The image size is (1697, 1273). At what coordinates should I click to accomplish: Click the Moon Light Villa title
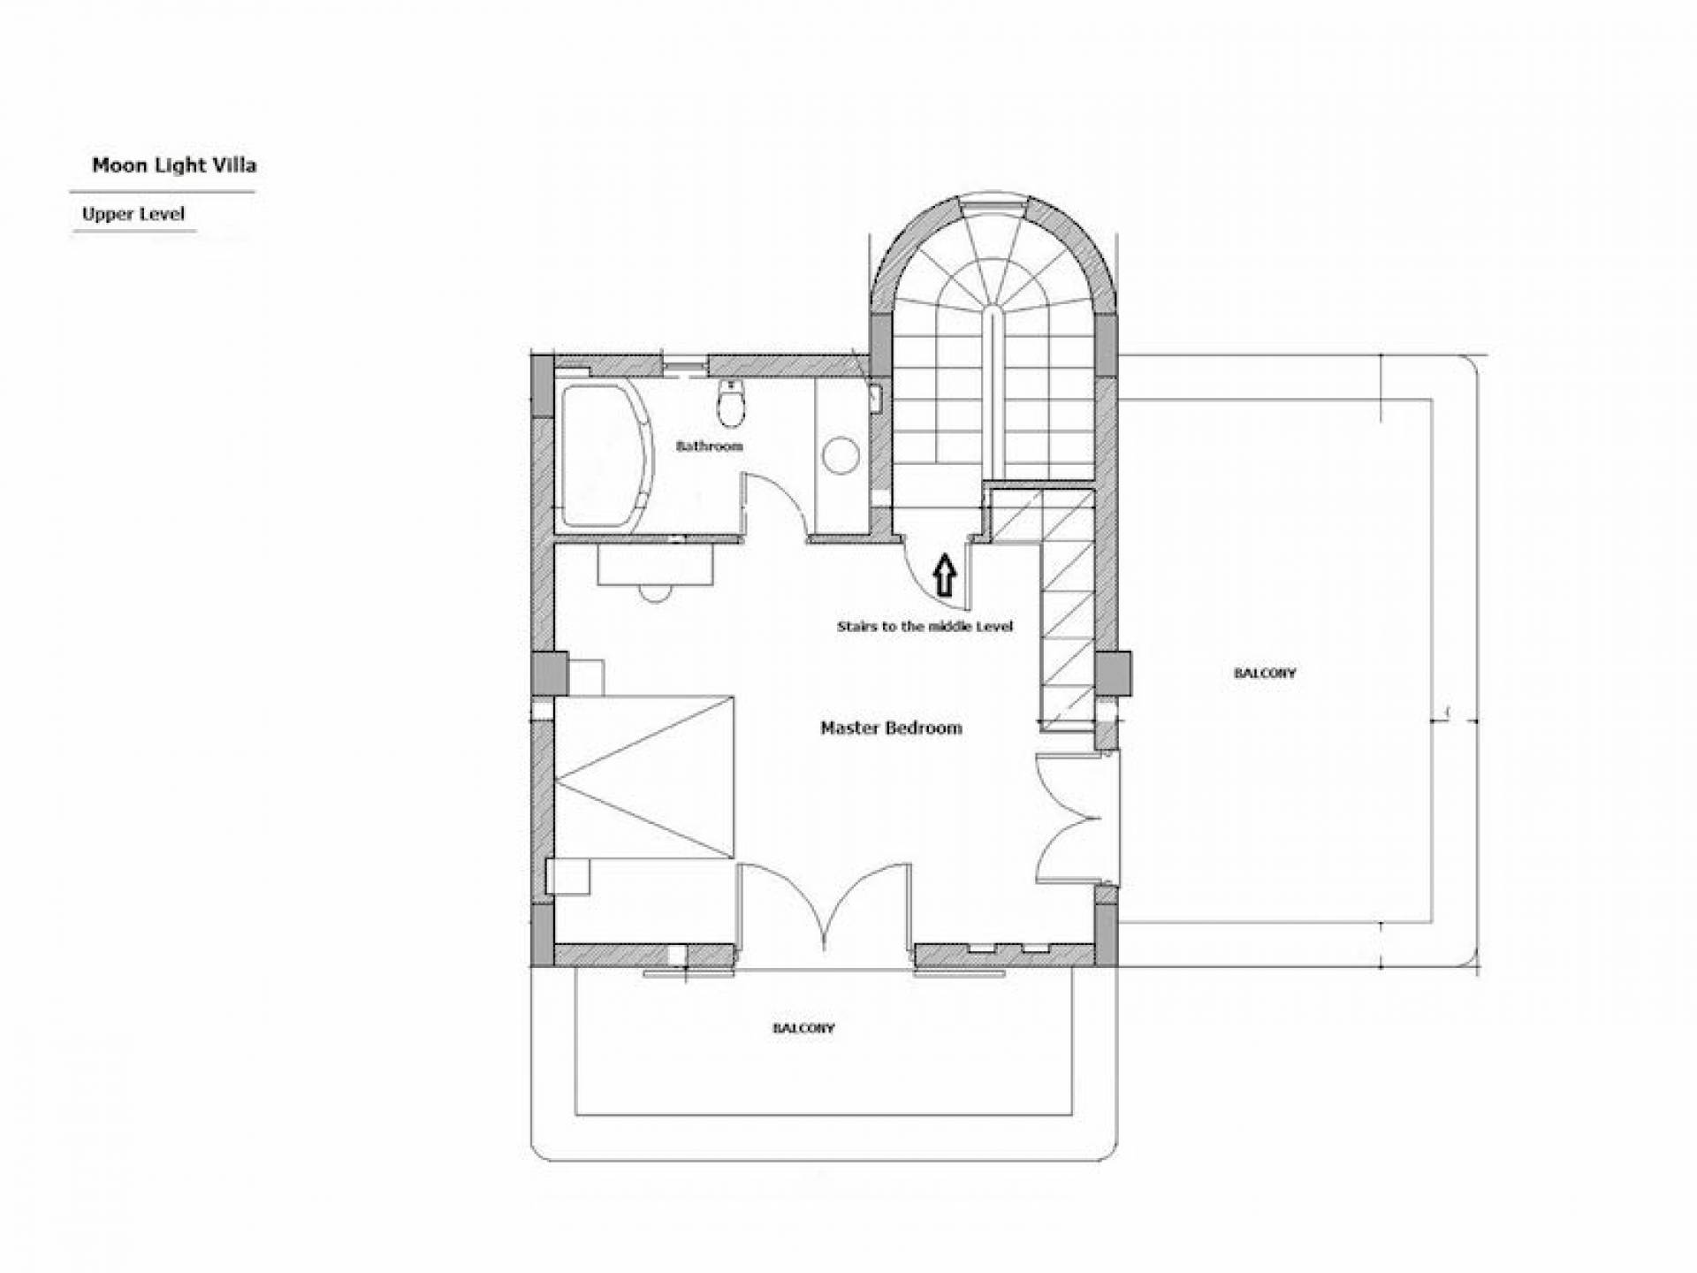[x=174, y=165]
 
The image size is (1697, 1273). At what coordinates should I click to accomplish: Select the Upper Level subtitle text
[x=133, y=214]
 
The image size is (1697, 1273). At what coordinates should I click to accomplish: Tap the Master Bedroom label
[x=891, y=728]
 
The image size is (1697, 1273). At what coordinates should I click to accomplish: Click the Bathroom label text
[x=709, y=446]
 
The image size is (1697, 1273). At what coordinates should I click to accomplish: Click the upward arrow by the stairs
[x=945, y=575]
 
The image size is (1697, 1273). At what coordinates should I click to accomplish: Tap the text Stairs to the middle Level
[x=925, y=627]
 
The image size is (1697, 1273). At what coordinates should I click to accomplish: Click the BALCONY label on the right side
[x=1265, y=674]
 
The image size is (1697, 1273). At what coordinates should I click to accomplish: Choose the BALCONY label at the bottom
[x=803, y=1029]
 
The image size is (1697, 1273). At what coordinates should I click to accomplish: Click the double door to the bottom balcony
[x=824, y=911]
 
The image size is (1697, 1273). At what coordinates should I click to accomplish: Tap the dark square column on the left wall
[x=550, y=673]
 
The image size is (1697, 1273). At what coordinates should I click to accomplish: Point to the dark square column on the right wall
[x=1114, y=673]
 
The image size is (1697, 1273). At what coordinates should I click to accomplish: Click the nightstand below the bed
[x=567, y=876]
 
